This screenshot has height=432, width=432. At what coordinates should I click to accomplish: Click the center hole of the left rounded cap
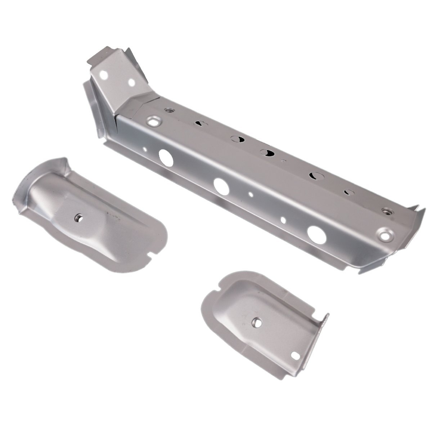pos(78,218)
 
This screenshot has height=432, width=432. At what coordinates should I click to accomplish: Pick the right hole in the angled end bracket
pos(132,83)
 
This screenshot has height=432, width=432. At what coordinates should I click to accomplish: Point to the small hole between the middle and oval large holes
pos(283,219)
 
